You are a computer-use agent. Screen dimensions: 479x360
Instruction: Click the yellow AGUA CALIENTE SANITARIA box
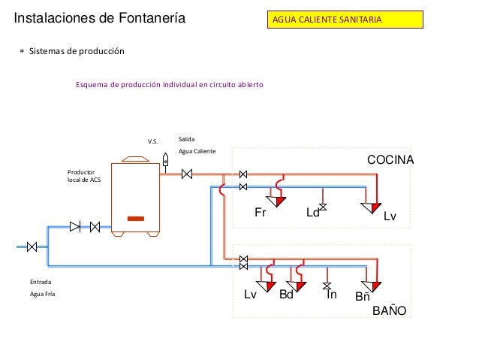pyautogui.click(x=345, y=20)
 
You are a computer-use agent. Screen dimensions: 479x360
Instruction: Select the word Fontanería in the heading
pyautogui.click(x=152, y=18)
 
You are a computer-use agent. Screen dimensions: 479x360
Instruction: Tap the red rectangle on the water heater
pyautogui.click(x=136, y=219)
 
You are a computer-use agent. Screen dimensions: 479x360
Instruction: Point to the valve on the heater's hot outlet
pyautogui.click(x=187, y=174)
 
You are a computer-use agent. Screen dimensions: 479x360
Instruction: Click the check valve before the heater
pyautogui.click(x=75, y=227)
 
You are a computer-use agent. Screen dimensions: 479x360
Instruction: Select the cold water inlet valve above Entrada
pyautogui.click(x=32, y=247)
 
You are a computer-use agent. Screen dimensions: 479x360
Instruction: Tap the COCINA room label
pyautogui.click(x=390, y=159)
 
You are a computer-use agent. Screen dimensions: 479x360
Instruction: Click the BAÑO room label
pyautogui.click(x=389, y=310)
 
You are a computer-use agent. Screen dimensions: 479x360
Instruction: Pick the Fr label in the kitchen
pyautogui.click(x=261, y=212)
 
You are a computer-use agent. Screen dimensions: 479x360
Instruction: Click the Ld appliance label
pyautogui.click(x=312, y=213)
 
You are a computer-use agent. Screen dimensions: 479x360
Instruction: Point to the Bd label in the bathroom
pyautogui.click(x=286, y=295)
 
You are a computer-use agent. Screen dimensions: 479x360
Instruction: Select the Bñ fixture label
pyautogui.click(x=363, y=296)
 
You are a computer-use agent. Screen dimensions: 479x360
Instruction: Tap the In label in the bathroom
pyautogui.click(x=332, y=295)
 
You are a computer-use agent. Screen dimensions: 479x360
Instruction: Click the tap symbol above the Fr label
pyautogui.click(x=276, y=201)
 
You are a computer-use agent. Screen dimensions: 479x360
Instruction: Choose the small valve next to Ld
pyautogui.click(x=323, y=207)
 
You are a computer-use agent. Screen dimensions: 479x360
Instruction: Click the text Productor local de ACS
pyautogui.click(x=84, y=176)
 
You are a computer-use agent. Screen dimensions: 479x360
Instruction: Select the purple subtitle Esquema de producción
pyautogui.click(x=170, y=84)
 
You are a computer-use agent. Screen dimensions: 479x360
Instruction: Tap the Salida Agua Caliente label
pyautogui.click(x=197, y=145)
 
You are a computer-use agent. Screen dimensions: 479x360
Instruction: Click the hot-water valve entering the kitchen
pyautogui.click(x=243, y=174)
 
